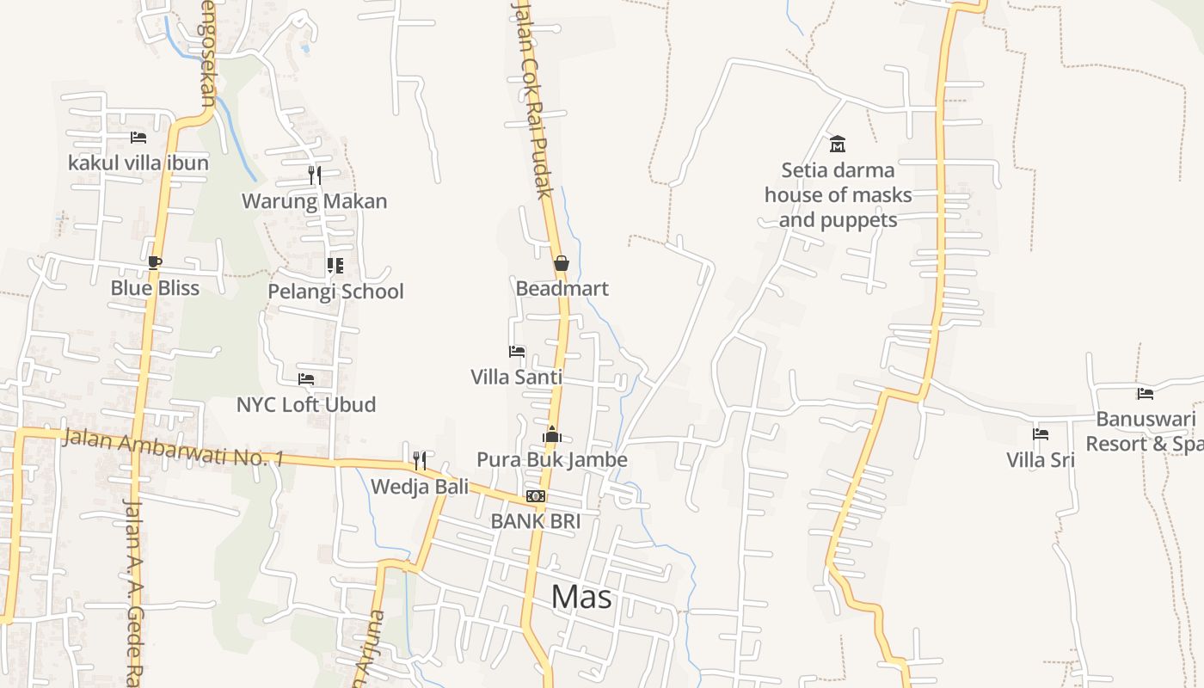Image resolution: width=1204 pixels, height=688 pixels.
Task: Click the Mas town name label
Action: pyautogui.click(x=581, y=596)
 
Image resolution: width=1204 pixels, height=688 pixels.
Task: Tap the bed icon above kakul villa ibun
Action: pyautogui.click(x=138, y=138)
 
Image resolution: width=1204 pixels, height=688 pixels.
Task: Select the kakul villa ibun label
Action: pyautogui.click(x=138, y=163)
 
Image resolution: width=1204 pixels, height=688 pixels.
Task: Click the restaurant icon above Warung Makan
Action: pyautogui.click(x=314, y=175)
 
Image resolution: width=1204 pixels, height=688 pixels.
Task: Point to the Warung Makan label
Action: pyautogui.click(x=314, y=201)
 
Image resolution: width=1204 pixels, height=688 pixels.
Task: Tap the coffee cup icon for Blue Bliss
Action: pyautogui.click(x=155, y=262)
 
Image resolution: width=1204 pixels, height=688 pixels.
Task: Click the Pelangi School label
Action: pyautogui.click(x=335, y=292)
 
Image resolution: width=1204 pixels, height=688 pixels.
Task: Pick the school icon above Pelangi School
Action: pyautogui.click(x=335, y=266)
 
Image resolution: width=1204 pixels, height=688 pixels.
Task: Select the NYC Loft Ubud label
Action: pyautogui.click(x=306, y=404)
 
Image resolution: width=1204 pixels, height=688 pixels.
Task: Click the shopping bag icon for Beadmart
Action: pyautogui.click(x=561, y=263)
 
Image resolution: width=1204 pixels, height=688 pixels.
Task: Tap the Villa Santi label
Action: pyautogui.click(x=516, y=377)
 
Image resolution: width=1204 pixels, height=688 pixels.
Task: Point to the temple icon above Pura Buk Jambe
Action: pyautogui.click(x=552, y=434)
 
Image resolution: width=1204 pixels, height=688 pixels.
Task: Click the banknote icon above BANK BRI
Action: pyautogui.click(x=536, y=496)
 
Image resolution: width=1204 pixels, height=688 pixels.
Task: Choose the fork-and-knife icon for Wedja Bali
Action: pyautogui.click(x=419, y=461)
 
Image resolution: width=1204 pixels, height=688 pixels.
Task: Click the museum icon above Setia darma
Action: pyautogui.click(x=838, y=144)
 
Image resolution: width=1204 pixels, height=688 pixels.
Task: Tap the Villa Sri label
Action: pyautogui.click(x=1041, y=460)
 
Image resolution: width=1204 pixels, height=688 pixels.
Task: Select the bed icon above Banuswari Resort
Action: pyautogui.click(x=1145, y=394)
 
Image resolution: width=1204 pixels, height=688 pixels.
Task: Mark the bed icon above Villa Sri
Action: pyautogui.click(x=1041, y=434)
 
